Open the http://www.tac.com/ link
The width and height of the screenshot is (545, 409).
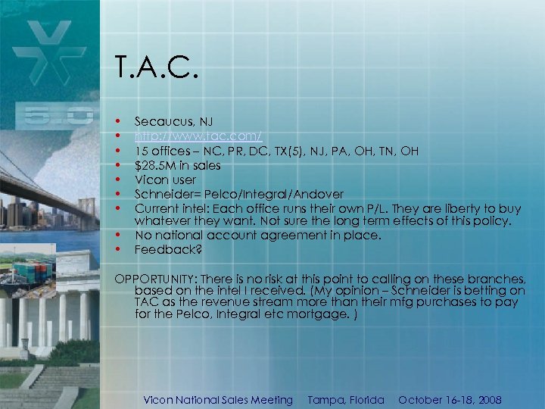pos(198,136)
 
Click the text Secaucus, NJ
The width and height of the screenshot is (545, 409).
pos(173,121)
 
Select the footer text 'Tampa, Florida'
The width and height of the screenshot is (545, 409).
pos(345,400)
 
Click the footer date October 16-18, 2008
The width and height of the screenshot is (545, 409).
pos(450,400)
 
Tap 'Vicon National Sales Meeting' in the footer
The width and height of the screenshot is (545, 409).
pos(218,400)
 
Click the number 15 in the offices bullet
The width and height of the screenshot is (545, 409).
pos(141,150)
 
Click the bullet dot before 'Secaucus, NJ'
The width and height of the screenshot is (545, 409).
pos(118,121)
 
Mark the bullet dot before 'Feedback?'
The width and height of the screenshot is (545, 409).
pos(118,249)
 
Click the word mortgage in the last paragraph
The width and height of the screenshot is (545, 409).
pos(297,314)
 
